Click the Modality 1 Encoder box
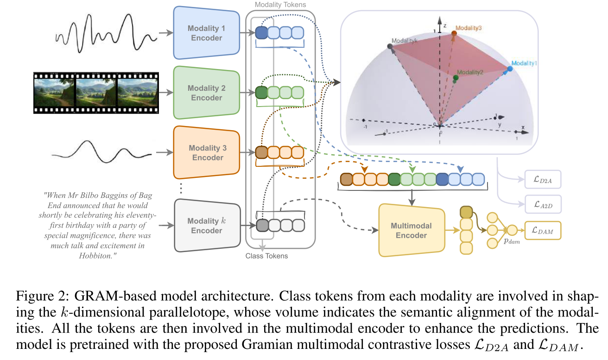pos(207,33)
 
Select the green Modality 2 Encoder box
pos(207,93)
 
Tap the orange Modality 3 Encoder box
pos(207,152)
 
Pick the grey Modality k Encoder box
pos(206,226)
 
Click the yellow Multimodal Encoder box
pos(411,230)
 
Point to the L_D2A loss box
pos(543,179)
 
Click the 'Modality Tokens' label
pos(280,5)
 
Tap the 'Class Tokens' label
pos(266,256)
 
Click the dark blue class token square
pos(261,32)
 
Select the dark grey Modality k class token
pos(262,225)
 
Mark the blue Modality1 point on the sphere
pos(510,69)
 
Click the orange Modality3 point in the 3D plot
pos(454,34)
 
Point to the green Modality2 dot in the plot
pos(456,77)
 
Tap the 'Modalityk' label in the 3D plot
pos(405,41)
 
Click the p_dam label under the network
pos(512,241)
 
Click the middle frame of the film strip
pos(96,92)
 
